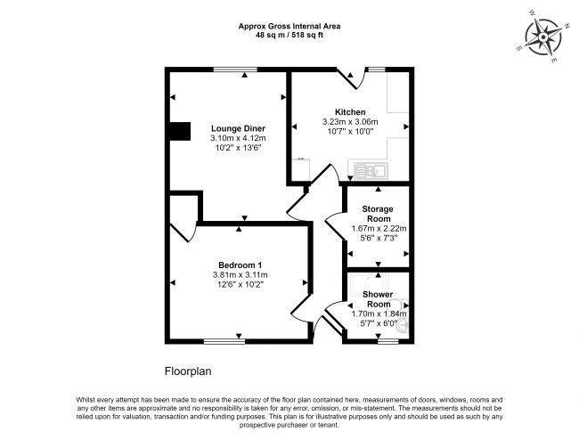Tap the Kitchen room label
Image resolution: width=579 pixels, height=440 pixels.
(350, 111)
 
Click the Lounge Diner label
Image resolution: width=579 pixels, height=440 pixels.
(238, 128)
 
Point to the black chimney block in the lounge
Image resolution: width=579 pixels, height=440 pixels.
(180, 131)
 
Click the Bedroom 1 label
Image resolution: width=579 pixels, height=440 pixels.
(240, 265)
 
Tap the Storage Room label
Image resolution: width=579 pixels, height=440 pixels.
(377, 214)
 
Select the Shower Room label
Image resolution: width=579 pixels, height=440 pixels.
(378, 298)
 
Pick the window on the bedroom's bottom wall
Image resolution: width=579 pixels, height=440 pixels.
(224, 340)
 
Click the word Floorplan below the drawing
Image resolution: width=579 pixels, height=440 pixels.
(188, 370)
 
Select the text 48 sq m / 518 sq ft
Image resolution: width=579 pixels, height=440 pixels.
(289, 37)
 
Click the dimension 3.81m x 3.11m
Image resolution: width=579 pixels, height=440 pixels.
(240, 274)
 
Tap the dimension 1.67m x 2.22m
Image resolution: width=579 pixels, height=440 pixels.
(377, 229)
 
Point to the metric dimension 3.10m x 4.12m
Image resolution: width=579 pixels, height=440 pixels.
(238, 138)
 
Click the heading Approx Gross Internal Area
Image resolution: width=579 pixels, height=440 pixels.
(289, 27)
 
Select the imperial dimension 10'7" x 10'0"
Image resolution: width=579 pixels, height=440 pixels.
(350, 132)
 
